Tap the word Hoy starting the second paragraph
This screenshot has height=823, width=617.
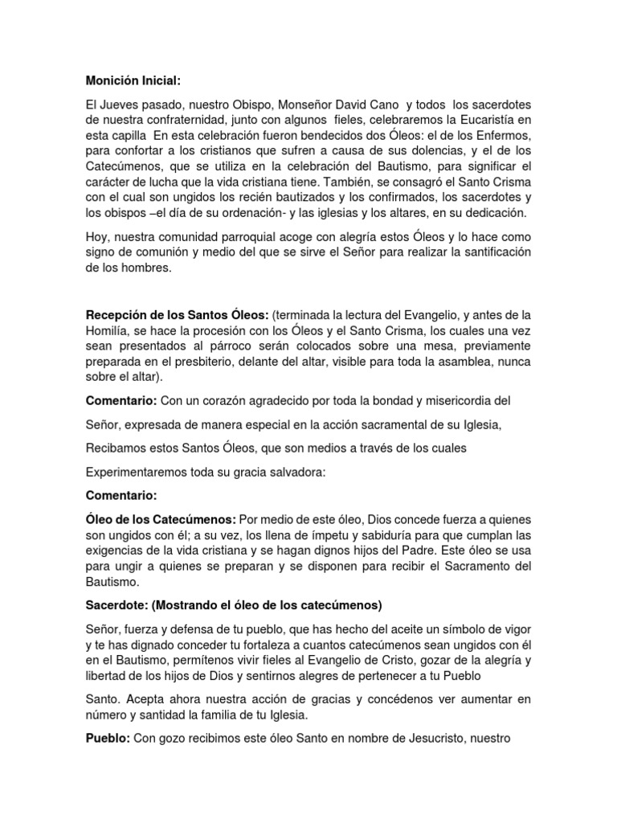click(97, 238)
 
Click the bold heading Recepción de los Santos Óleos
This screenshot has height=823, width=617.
click(177, 313)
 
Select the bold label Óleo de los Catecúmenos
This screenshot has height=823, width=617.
click(160, 520)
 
